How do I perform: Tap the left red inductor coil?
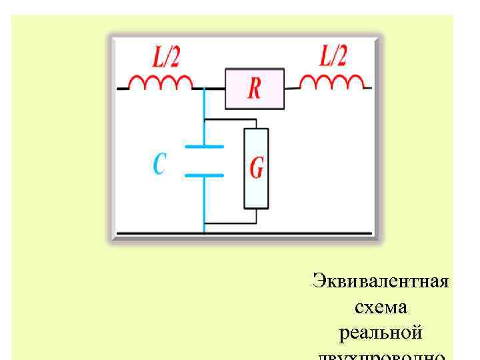pos(159,83)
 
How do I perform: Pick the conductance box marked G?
pos(256,168)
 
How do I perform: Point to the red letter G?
pos(256,168)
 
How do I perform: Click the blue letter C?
pos(159,163)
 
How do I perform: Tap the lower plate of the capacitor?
pos(203,175)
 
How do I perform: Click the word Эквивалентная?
pos(381,280)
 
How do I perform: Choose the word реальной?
pos(381,332)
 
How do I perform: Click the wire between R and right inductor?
pos(292,87)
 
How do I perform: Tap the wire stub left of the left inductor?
pos(122,88)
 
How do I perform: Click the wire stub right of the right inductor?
pos(367,87)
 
